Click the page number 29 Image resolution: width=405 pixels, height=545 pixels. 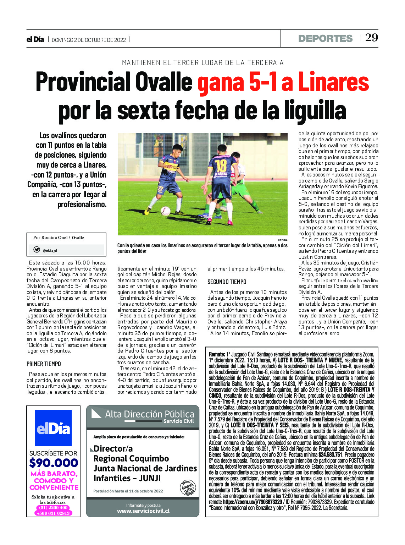371,38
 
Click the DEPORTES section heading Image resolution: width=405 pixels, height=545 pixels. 325,38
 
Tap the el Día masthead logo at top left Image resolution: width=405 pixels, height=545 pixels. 35,39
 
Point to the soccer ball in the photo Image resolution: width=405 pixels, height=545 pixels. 165,211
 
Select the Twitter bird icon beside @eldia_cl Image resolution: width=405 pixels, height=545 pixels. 37,250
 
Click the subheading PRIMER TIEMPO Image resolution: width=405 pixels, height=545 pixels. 44,364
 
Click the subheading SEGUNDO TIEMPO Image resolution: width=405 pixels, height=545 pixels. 227,282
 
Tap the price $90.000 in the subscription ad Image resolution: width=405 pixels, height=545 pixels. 54,463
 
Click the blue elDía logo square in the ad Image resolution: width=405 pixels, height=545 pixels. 53,428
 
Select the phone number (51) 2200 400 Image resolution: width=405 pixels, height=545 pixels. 54,508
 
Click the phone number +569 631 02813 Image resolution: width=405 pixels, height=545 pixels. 54,513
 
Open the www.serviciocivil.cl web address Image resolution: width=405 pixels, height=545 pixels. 143,511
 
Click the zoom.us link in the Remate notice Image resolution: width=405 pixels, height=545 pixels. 252,502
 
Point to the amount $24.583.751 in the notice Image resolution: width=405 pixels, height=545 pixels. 330,455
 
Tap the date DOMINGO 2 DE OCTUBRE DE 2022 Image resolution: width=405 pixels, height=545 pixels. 89,40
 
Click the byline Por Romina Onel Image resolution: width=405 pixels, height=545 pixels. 51,238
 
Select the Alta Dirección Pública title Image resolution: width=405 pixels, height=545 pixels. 149,414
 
